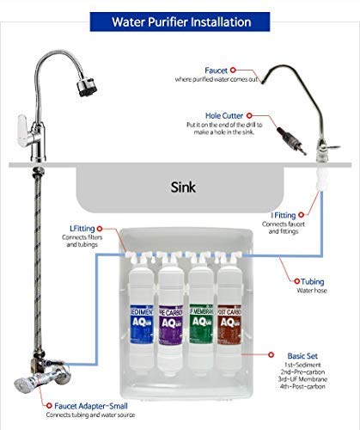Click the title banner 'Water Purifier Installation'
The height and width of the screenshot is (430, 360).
pyautogui.click(x=180, y=18)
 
